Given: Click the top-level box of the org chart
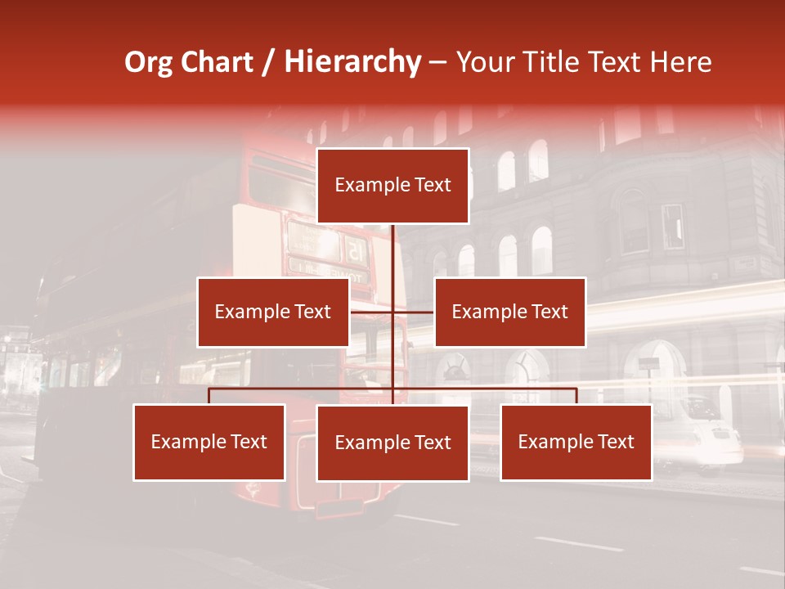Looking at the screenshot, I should (x=392, y=186).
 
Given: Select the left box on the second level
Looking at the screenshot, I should (x=273, y=312).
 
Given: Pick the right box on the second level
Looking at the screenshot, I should (x=509, y=312).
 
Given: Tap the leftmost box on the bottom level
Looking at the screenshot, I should (x=209, y=442).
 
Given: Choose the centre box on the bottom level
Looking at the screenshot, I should (x=392, y=443).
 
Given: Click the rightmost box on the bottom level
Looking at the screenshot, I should (x=576, y=442).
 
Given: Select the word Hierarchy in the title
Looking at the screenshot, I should (x=352, y=62).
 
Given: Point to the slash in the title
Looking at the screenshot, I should (x=269, y=62).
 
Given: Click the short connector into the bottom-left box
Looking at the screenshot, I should (x=209, y=396).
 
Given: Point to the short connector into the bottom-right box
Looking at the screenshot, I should (x=576, y=396).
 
